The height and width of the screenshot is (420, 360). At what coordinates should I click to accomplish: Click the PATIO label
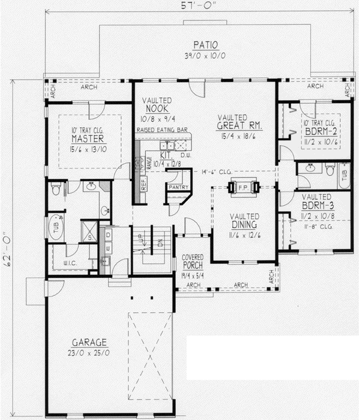205,44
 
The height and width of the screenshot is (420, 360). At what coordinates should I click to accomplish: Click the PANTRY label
178,187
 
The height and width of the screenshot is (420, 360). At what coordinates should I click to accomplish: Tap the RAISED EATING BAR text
161,129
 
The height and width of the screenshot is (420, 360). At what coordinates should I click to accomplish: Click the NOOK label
157,109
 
